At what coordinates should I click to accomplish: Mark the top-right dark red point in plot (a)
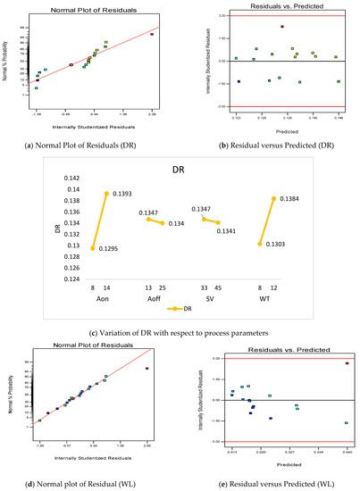pos(152,35)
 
